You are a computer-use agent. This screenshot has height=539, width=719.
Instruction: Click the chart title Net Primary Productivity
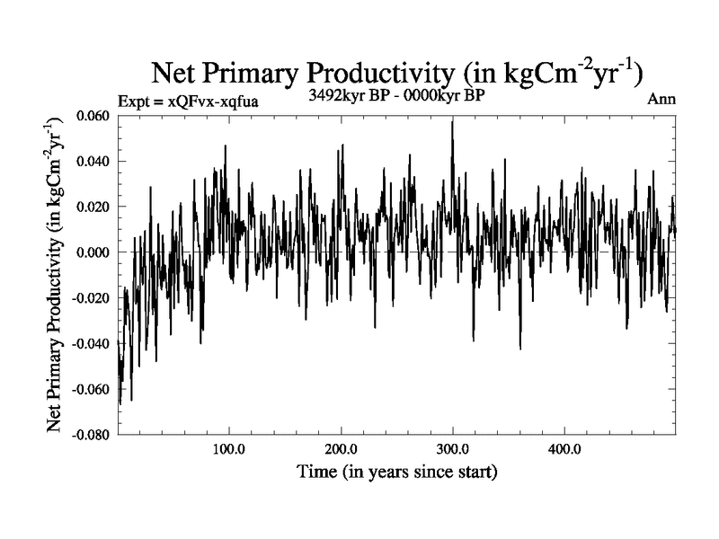pyautogui.click(x=400, y=74)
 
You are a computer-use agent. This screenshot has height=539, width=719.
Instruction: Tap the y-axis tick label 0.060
pyautogui.click(x=95, y=116)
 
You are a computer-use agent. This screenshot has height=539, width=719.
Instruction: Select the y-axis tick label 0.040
pyautogui.click(x=95, y=162)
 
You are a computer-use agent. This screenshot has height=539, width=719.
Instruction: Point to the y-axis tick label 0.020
pyautogui.click(x=95, y=207)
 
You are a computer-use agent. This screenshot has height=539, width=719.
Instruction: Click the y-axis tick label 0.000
pyautogui.click(x=95, y=252)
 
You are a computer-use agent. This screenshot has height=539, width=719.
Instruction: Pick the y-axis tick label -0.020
pyautogui.click(x=93, y=298)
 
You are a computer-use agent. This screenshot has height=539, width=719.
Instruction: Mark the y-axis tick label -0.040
pyautogui.click(x=93, y=343)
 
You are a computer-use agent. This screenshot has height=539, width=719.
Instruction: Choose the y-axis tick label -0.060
pyautogui.click(x=93, y=389)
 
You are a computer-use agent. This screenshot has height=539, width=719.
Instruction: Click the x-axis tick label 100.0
pyautogui.click(x=229, y=448)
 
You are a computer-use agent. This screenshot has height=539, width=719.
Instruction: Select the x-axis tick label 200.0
pyautogui.click(x=341, y=448)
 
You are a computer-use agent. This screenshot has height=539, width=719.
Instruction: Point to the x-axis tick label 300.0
pyautogui.click(x=452, y=448)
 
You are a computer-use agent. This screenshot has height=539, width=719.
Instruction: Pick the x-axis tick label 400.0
pyautogui.click(x=564, y=448)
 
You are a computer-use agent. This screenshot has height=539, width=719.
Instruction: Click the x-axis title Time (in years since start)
pyautogui.click(x=398, y=471)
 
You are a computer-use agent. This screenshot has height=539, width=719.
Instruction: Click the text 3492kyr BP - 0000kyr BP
pyautogui.click(x=396, y=95)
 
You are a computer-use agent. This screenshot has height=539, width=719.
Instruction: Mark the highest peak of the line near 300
pyautogui.click(x=452, y=121)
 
